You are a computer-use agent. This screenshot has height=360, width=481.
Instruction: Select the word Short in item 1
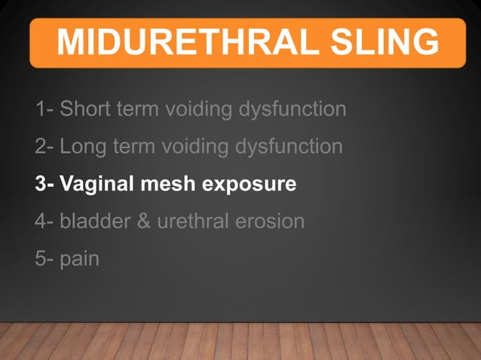(x=84, y=109)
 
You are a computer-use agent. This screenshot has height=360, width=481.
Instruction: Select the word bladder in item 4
(x=95, y=221)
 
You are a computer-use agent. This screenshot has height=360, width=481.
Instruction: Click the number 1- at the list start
(x=44, y=109)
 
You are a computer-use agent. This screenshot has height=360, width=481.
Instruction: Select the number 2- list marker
(x=44, y=146)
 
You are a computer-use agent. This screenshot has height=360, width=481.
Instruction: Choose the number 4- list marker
(x=44, y=221)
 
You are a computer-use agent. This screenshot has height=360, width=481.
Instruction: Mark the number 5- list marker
(x=44, y=259)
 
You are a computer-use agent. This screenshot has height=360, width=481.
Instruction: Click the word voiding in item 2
(x=193, y=147)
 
